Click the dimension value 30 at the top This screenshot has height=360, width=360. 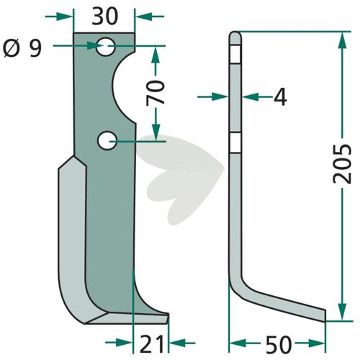pyautogui.click(x=105, y=17)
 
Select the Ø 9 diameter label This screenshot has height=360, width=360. pyautogui.click(x=23, y=49)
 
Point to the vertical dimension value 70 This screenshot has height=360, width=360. pyautogui.click(x=156, y=93)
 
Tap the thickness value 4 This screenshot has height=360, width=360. pyautogui.click(x=280, y=97)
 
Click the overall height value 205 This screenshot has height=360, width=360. pyautogui.click(x=342, y=163)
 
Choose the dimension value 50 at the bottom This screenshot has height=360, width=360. pyautogui.click(x=279, y=344)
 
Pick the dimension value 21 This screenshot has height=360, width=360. pyautogui.click(x=152, y=344)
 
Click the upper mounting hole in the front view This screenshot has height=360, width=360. pyautogui.click(x=106, y=47)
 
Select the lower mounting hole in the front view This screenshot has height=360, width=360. pyautogui.click(x=107, y=140)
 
